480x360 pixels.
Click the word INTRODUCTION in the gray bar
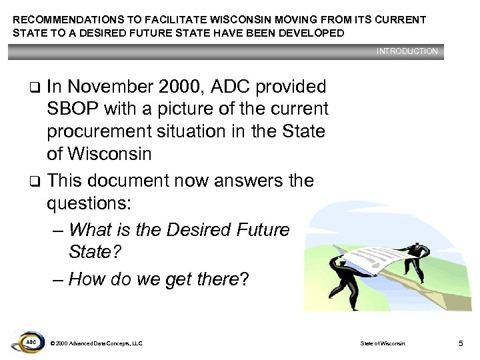coord(407,51)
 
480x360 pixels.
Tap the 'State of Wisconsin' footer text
coord(382,343)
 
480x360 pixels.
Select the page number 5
coord(461,343)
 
